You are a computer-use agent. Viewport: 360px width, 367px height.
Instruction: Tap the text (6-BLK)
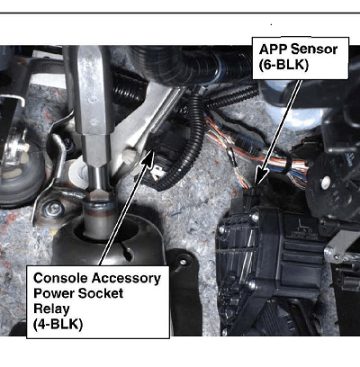click(283, 65)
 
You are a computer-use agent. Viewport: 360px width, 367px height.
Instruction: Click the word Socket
click(99, 293)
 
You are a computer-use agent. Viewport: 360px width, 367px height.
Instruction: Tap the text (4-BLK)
click(58, 325)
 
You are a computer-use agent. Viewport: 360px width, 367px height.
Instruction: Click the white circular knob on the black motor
click(325, 181)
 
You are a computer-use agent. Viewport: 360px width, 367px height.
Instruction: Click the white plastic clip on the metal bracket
click(129, 155)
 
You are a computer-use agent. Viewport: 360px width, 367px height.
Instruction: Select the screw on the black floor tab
click(182, 262)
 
